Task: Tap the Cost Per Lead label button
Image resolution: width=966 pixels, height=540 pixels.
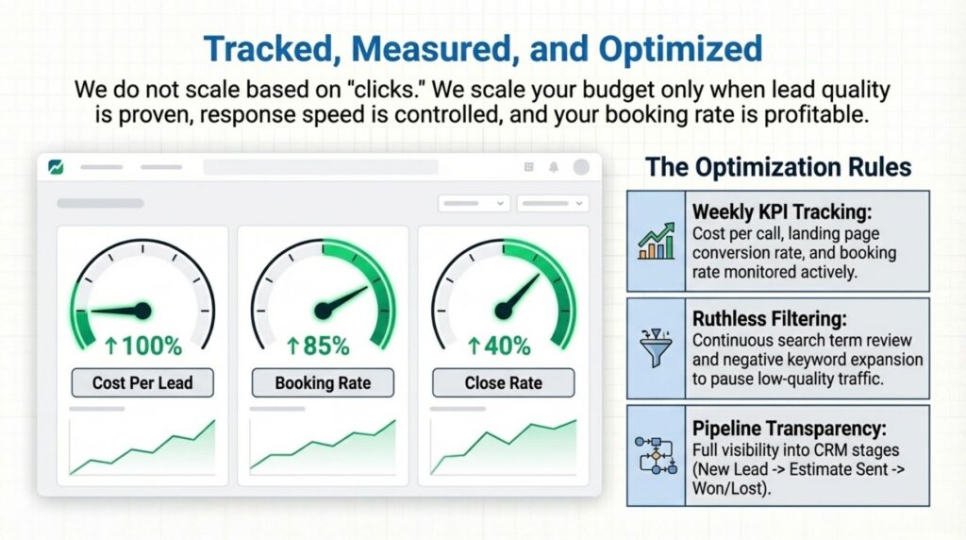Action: click(x=142, y=382)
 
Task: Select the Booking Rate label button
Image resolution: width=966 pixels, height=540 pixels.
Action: click(x=323, y=382)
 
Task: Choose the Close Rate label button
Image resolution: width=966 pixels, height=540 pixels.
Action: click(x=503, y=382)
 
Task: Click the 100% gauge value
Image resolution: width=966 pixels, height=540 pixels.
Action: click(x=142, y=346)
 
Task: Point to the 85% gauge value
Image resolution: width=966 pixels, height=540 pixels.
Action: click(x=323, y=346)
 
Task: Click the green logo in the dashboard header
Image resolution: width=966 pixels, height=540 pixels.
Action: click(x=55, y=167)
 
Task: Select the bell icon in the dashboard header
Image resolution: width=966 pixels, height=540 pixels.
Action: click(x=554, y=167)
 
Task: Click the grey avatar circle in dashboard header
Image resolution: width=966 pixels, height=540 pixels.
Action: click(x=580, y=167)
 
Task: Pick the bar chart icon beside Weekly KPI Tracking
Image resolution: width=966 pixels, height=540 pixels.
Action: click(x=657, y=240)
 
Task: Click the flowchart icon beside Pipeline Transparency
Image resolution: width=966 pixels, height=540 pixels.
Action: click(x=657, y=455)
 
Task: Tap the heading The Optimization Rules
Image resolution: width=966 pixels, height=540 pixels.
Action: click(x=778, y=167)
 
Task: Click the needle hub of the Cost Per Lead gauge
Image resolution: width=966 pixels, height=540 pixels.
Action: click(x=143, y=309)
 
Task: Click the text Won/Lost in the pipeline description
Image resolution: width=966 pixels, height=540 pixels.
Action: click(x=732, y=489)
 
